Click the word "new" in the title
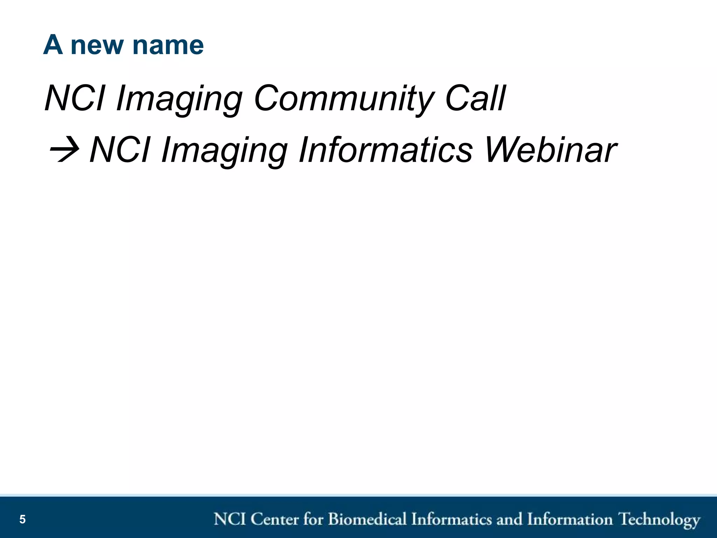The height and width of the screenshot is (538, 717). click(97, 46)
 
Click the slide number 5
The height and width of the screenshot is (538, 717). click(22, 519)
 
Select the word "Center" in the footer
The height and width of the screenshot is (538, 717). click(275, 519)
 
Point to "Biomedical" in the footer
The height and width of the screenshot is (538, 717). click(367, 519)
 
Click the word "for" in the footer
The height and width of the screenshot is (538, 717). click(313, 519)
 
